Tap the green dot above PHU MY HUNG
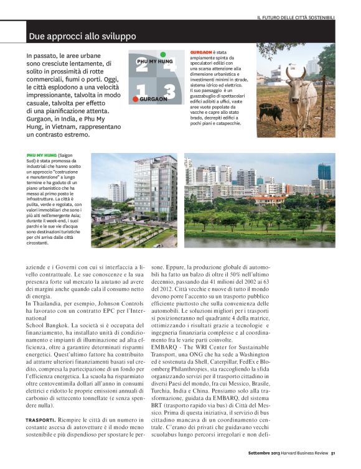coord(162,55)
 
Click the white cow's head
coord(294,75)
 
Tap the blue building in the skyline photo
coord(324,171)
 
